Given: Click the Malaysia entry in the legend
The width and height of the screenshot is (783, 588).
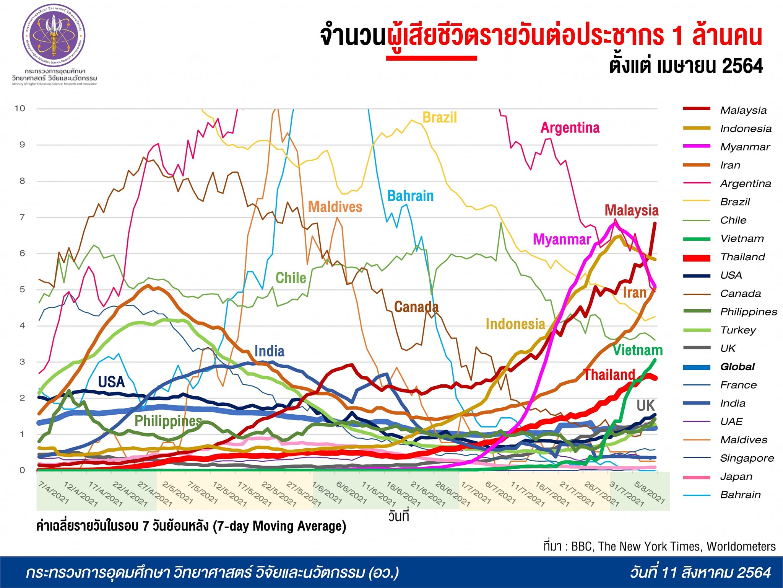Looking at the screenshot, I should tap(743, 110).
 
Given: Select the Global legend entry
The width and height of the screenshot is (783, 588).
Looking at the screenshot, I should tap(737, 367).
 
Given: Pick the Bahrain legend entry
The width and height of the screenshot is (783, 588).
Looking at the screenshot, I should tap(740, 495).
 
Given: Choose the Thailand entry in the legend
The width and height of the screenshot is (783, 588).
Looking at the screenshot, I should tap(742, 257).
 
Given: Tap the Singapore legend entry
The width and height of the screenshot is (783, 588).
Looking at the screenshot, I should tap(747, 458).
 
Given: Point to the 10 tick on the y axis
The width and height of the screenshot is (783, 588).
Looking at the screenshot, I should tap(20, 108).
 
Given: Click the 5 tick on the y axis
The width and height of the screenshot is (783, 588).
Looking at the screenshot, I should tap(22, 289).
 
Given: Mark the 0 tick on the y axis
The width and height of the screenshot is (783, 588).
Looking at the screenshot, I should tap(22, 470).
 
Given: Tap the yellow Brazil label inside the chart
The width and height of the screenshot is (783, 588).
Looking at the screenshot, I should tap(439, 118).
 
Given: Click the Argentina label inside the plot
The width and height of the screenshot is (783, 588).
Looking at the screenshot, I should tap(570, 128).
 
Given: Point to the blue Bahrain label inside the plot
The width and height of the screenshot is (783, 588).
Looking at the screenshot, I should tap(410, 196).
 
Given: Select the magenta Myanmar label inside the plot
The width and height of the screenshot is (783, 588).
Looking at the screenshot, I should tap(562, 240).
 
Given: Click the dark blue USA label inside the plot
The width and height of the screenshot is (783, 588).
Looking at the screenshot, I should tap(111, 382).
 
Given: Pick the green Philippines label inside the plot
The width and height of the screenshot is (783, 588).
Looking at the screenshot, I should tap(168, 421).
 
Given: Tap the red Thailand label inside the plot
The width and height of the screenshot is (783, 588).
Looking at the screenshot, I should tap(609, 374).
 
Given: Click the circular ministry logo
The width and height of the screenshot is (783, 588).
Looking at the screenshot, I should tap(54, 36).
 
